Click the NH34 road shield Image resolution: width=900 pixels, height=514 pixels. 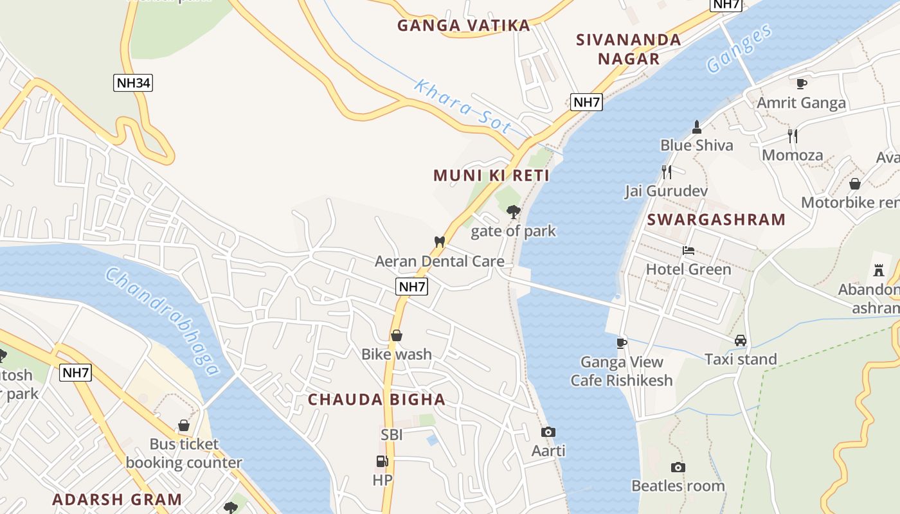point(133,83)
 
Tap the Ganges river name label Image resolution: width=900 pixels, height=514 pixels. point(739,49)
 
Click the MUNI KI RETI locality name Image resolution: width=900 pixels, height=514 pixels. point(491,175)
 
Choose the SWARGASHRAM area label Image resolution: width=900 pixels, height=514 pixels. point(716,219)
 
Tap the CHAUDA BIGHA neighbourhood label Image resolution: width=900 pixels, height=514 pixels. point(377,399)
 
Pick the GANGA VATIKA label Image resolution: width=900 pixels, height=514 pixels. point(464,26)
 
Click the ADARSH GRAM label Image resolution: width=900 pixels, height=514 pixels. point(117,499)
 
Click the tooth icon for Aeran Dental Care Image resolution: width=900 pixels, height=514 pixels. point(440,242)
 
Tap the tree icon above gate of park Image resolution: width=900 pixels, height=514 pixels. point(513,211)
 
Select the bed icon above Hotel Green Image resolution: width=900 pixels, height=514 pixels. point(688,251)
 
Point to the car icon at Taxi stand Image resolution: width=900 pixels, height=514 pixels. point(741,341)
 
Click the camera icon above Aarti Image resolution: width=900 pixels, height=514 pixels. point(548,432)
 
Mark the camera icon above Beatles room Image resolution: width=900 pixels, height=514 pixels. point(678,467)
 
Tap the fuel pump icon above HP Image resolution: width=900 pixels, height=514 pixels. point(382,461)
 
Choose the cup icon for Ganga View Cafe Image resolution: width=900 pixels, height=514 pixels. point(622,343)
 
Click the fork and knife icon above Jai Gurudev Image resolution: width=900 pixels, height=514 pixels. point(667,172)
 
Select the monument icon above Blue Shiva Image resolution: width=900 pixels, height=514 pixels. point(696,126)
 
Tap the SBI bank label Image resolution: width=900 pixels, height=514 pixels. point(392,435)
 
